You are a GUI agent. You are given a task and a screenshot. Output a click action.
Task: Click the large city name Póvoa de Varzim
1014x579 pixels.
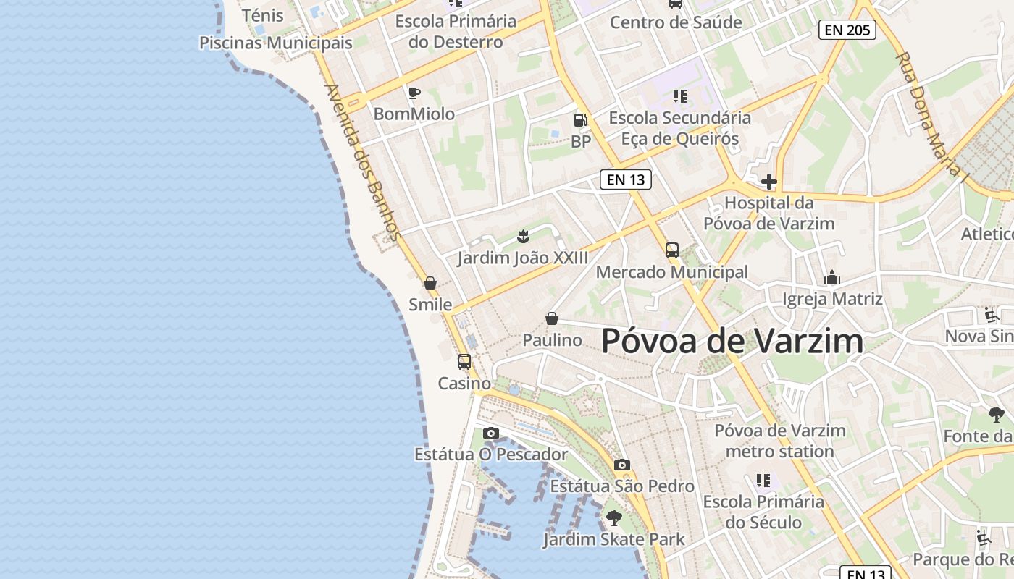tap(732, 341)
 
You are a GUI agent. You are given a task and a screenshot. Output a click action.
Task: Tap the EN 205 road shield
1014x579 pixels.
tap(847, 30)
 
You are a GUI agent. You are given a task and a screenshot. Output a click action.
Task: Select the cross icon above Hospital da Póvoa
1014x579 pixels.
tap(768, 181)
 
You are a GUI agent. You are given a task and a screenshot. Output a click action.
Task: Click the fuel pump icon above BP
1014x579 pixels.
tap(580, 120)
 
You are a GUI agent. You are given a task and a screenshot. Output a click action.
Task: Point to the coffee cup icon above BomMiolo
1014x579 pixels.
tap(414, 93)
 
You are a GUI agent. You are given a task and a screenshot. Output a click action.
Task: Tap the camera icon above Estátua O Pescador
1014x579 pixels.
tap(491, 433)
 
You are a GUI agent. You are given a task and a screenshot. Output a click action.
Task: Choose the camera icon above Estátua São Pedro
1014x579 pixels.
tap(621, 465)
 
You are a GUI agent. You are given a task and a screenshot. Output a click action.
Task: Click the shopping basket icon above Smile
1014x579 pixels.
tap(430, 283)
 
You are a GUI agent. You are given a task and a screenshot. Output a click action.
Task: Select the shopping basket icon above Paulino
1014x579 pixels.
tap(552, 318)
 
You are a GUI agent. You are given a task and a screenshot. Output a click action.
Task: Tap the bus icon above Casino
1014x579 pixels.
tap(464, 361)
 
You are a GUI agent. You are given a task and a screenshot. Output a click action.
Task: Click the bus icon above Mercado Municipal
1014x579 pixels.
tap(672, 250)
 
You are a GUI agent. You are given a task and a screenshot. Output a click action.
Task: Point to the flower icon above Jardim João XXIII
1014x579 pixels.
tap(522, 236)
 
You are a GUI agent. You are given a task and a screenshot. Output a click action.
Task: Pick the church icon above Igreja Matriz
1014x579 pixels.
tap(832, 277)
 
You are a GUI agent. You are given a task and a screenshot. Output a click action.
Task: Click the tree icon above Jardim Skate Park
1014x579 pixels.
tap(613, 517)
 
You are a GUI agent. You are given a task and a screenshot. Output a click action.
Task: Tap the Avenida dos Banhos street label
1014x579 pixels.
tap(363, 162)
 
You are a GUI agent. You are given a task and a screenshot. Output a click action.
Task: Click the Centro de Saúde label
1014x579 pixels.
tap(676, 22)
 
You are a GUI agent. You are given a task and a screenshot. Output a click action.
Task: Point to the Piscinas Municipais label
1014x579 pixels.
tap(276, 43)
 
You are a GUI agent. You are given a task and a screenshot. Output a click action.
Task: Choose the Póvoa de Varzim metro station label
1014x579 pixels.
tap(780, 441)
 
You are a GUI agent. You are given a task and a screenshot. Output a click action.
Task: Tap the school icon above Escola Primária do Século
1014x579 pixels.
tap(763, 480)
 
